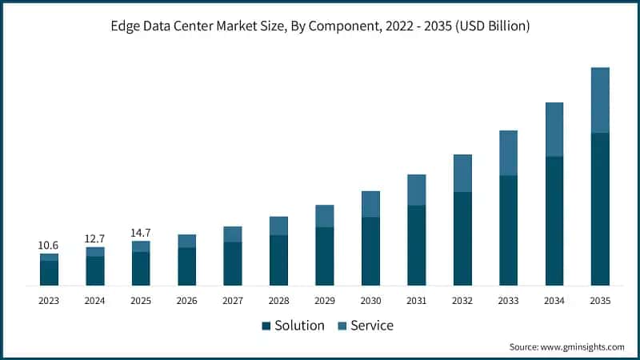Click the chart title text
[x=320, y=26]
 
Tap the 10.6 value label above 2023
[x=49, y=245]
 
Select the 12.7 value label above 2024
[x=95, y=238]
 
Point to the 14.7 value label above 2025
[x=141, y=232]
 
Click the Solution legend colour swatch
[x=266, y=326]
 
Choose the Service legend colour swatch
[x=342, y=326]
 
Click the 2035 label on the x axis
[x=600, y=300]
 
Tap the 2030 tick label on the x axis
[x=370, y=300]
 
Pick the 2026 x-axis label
[x=186, y=300]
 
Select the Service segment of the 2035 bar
[x=600, y=100]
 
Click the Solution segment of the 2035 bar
[x=600, y=208]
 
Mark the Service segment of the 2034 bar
[x=554, y=129]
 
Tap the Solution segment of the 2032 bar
[x=462, y=238]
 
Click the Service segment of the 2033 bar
[x=508, y=152]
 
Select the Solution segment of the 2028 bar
[x=278, y=260]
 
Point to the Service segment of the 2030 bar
[x=370, y=204]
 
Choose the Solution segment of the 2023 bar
[x=49, y=273]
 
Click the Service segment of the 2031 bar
[x=416, y=190]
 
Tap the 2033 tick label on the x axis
[x=508, y=300]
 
